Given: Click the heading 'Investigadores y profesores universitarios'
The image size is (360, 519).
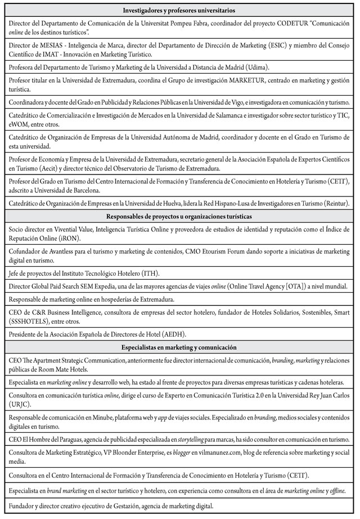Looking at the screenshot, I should [x=179, y=11].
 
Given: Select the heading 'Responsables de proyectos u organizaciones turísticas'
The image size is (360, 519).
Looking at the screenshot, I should [x=179, y=217].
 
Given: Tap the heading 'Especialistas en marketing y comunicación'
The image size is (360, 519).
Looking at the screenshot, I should [x=179, y=347].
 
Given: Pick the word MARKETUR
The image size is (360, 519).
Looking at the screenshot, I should [x=247, y=81].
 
